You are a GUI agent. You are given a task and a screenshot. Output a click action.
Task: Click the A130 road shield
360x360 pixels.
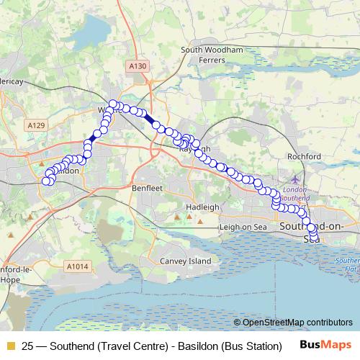[138, 66]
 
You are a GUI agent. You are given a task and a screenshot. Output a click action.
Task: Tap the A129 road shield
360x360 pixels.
[37, 125]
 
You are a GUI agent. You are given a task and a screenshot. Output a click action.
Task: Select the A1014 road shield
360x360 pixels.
[78, 266]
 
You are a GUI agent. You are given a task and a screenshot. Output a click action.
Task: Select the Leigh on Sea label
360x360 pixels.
[243, 228]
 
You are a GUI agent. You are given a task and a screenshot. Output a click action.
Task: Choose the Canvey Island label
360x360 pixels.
[186, 261]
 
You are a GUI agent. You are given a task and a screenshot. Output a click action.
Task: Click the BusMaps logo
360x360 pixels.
[325, 345]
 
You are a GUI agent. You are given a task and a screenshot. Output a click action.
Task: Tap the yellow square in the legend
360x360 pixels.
[10, 346]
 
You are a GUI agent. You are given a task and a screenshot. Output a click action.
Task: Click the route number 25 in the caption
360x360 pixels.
[28, 346]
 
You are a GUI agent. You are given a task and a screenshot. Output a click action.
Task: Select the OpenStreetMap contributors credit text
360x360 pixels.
[297, 322]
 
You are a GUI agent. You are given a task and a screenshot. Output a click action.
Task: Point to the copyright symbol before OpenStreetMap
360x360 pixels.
[238, 322]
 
